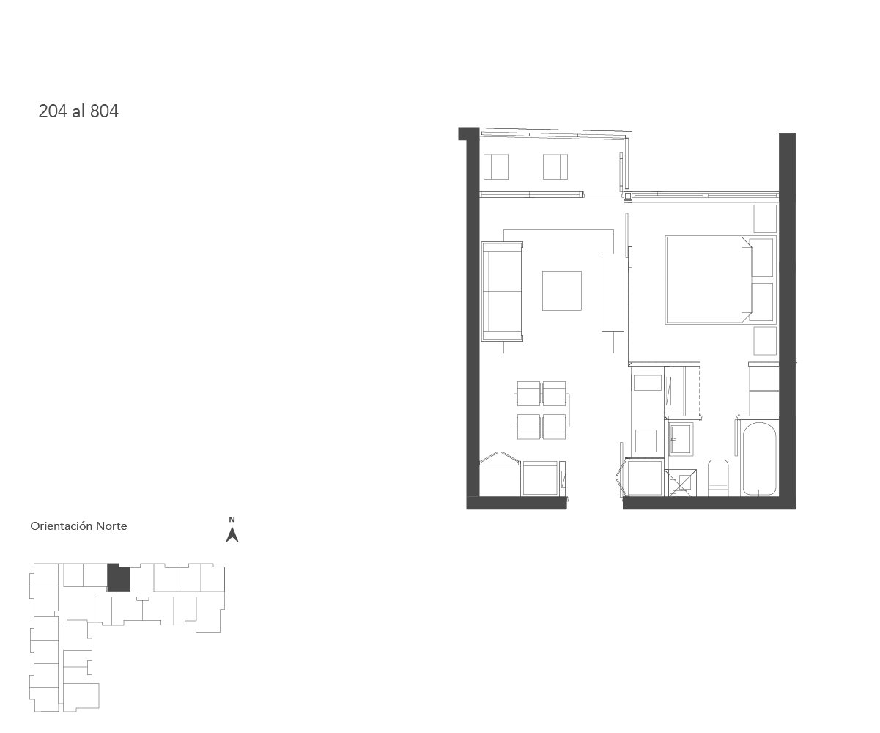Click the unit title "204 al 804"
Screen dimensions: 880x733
(x=78, y=111)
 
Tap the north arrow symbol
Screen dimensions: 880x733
(x=232, y=535)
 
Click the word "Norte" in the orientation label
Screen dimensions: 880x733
(x=111, y=526)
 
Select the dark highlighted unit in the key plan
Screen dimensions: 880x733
(x=119, y=577)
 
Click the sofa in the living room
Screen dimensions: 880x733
(x=502, y=291)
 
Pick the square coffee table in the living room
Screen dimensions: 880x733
(x=562, y=291)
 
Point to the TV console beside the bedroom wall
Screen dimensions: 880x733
(x=613, y=292)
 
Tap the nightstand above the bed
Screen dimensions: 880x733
(x=765, y=218)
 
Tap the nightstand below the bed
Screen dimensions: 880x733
(x=765, y=341)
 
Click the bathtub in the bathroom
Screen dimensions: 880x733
(x=759, y=459)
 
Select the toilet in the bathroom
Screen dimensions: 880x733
(x=718, y=478)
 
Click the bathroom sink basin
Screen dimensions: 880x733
(x=680, y=438)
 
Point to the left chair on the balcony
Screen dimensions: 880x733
(x=496, y=166)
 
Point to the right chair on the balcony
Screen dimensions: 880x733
(x=555, y=166)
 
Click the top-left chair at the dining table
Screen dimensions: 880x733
(x=528, y=394)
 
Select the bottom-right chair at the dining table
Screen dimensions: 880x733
(x=554, y=427)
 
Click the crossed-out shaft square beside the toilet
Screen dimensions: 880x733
(x=680, y=484)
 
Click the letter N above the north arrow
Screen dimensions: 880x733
(x=232, y=520)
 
